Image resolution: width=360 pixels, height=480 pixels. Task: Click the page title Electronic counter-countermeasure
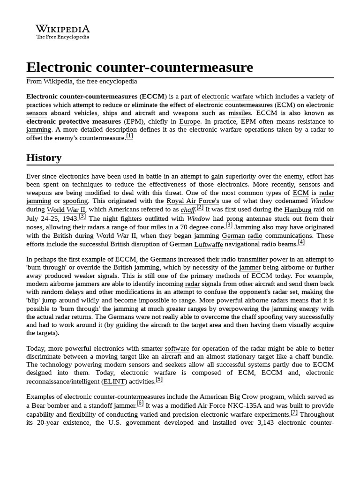pos(140,67)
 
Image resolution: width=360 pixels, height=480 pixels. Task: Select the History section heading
pos(44,157)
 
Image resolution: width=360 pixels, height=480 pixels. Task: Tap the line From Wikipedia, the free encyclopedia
pos(82,81)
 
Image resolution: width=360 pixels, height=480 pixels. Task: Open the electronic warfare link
pos(227,97)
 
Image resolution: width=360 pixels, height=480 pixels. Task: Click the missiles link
pos(240,113)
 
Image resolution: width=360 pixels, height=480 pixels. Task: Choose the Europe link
pos(189,121)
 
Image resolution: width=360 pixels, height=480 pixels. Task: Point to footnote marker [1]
pos(130,136)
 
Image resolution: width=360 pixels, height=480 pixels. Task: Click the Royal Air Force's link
pos(193,201)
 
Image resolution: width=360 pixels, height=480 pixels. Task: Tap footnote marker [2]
pos(200,207)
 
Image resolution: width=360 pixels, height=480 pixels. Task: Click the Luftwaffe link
pos(209,244)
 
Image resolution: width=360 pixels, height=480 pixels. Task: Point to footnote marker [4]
pos(301,242)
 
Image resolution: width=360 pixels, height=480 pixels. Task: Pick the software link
pos(177,349)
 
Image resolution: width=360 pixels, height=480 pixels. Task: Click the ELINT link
pos(114,382)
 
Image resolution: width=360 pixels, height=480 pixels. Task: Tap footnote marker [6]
pos(140,403)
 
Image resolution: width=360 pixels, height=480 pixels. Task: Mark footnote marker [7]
pos(294,412)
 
